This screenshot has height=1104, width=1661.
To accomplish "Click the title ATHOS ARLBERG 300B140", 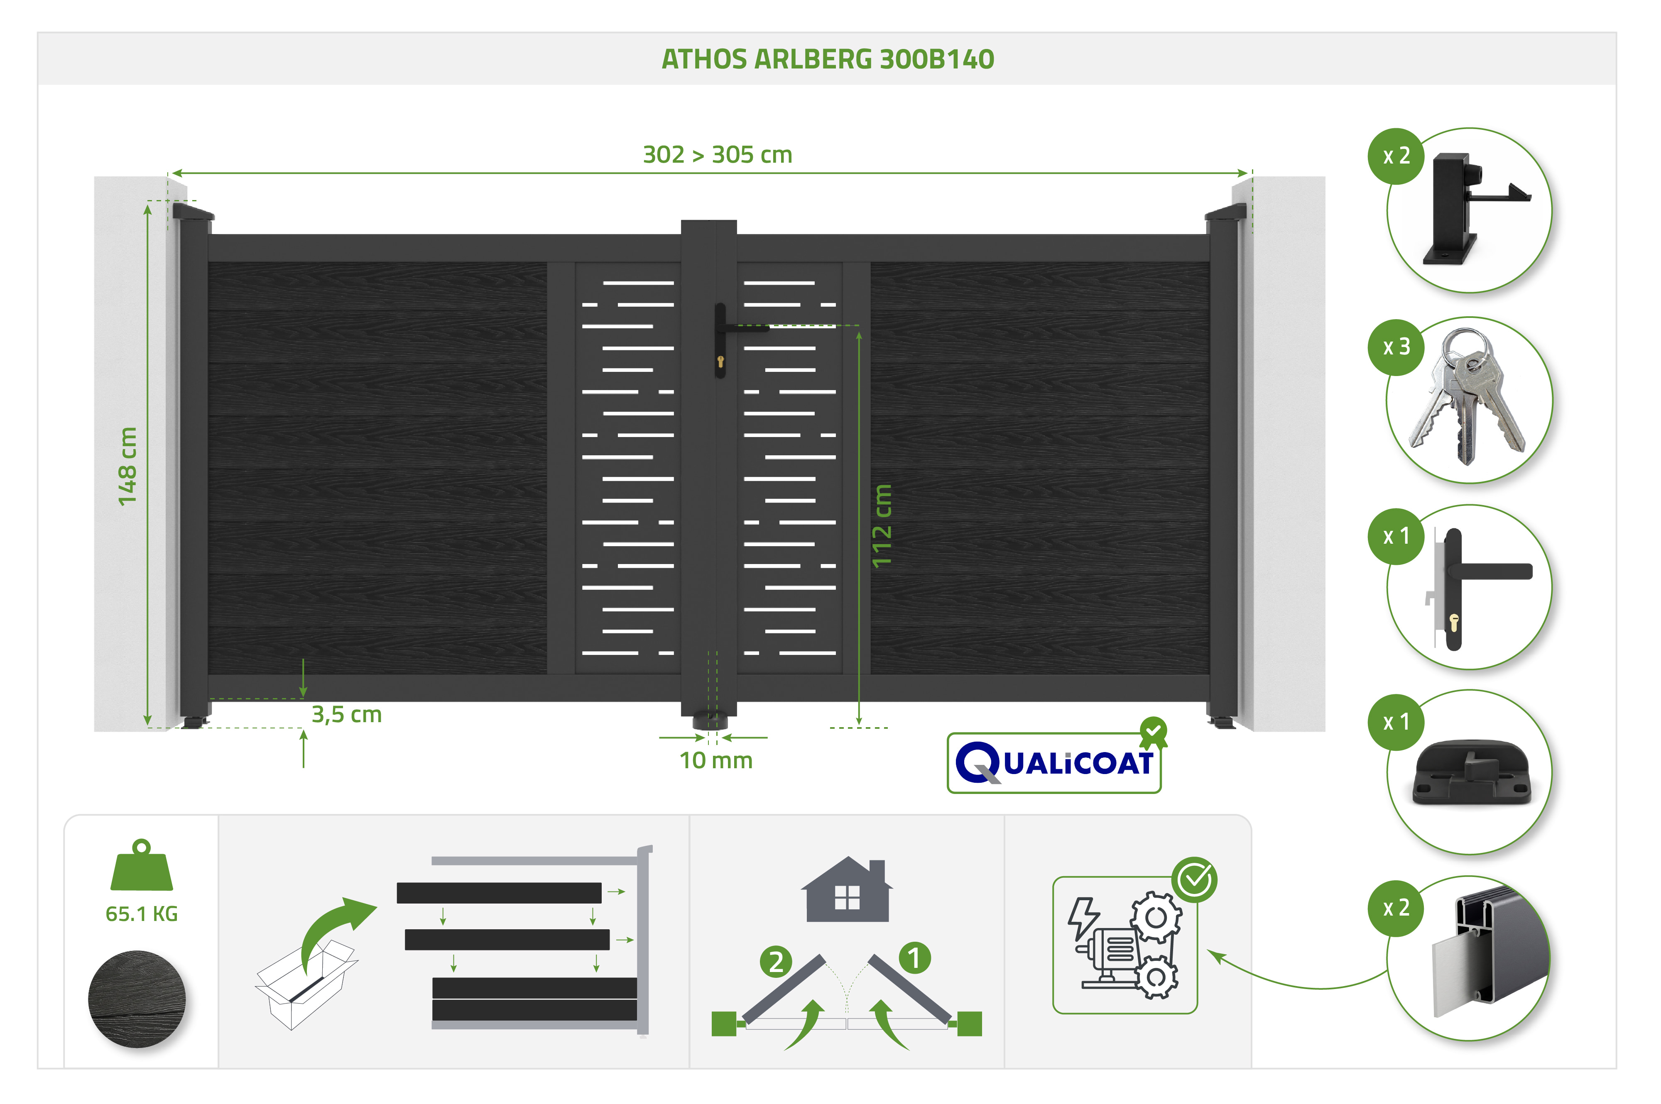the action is point(827,59).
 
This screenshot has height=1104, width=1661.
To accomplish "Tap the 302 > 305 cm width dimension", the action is point(717,154).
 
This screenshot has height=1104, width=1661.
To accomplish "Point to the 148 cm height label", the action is point(127,466).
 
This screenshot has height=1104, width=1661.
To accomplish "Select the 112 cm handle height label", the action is point(882,525).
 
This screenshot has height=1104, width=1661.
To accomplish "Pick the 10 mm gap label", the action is point(715,760).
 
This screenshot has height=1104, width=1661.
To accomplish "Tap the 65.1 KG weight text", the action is point(142,914).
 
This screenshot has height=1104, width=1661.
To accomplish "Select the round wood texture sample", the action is point(137,999).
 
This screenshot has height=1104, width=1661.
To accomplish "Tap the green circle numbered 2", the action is point(776,962).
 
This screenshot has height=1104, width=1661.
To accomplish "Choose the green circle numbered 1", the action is point(914,958).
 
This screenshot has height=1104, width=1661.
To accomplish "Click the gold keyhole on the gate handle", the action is point(720,362).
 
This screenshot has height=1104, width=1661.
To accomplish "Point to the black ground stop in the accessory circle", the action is point(1472,772).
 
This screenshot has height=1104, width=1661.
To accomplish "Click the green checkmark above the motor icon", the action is point(1195,879).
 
